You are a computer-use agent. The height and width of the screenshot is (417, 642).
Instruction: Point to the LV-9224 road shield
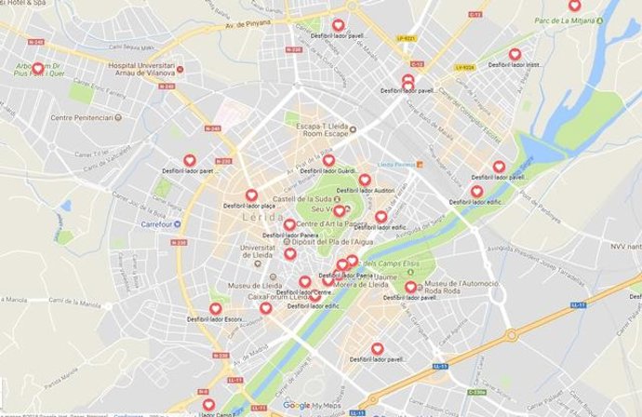coord(465,67)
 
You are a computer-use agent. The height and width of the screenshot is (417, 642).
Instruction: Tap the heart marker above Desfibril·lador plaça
coord(250,195)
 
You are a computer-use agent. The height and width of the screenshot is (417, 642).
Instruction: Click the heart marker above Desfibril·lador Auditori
coord(365,180)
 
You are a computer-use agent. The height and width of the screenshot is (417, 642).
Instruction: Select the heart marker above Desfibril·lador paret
coord(189,161)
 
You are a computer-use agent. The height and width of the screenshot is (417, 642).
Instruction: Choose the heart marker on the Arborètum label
coord(38,68)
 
